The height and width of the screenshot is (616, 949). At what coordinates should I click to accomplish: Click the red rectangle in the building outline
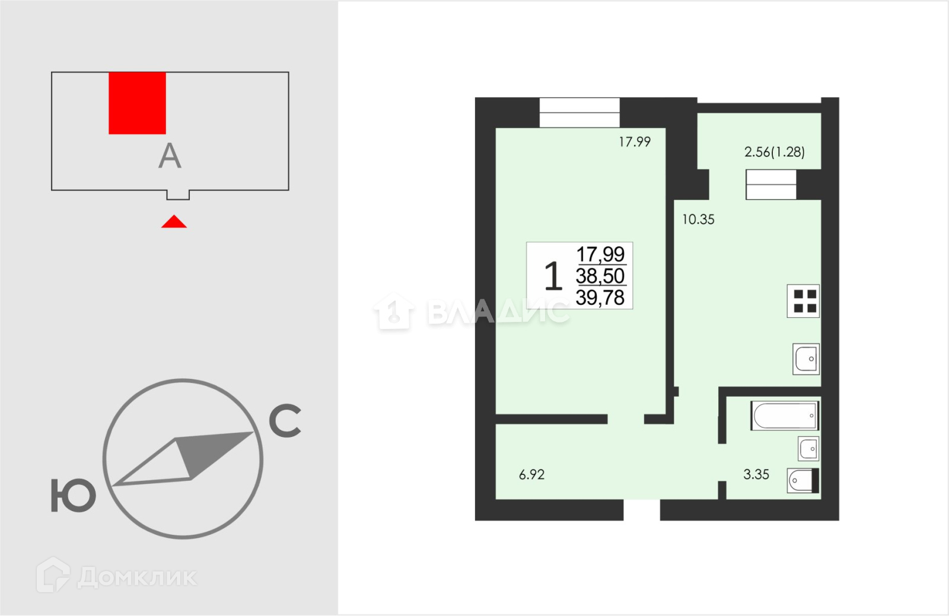coord(137,103)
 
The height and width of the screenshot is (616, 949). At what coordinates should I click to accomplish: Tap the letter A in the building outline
coord(170,156)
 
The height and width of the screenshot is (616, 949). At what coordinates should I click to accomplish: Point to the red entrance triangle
coord(174,221)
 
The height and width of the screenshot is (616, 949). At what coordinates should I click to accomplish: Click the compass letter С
coord(285,420)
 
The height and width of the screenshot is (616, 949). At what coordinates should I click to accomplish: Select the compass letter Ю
coord(74,496)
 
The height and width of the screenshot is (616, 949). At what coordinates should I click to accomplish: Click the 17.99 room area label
coord(635,142)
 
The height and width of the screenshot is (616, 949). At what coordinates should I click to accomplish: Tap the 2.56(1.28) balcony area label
coord(775,152)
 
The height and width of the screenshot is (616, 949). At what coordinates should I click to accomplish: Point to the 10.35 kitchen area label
coord(698,219)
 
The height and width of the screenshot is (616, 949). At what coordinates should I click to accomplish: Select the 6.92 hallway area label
coord(531,474)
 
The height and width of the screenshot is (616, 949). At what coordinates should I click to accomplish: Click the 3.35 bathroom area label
coord(756,474)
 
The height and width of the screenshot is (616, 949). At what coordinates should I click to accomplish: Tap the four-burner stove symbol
coord(803,301)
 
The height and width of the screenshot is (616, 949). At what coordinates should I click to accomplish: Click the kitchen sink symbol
coord(806,359)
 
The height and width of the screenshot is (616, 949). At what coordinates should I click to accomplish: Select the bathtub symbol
coord(785,416)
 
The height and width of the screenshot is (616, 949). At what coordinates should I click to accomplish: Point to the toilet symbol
coord(803,480)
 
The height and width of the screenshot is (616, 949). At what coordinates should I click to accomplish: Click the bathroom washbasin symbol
coord(809,449)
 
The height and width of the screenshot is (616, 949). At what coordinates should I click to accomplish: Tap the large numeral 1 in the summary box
coord(553,276)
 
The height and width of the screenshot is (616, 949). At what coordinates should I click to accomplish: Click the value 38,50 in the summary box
coord(600,276)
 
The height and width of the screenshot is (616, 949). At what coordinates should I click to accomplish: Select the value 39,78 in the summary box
coord(600,298)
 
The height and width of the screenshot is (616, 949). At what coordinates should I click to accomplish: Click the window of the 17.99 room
coord(579,113)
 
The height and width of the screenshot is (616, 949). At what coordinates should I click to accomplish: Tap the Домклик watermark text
coord(137,577)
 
